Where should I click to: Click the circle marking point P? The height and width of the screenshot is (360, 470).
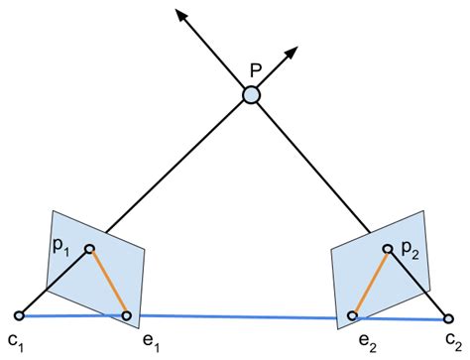(252, 95)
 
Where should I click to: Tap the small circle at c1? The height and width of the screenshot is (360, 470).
(20, 314)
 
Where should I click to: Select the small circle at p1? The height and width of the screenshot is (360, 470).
(90, 249)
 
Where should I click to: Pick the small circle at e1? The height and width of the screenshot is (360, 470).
(127, 316)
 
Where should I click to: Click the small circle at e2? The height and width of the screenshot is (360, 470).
(352, 316)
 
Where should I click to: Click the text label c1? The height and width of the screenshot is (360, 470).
(15, 341)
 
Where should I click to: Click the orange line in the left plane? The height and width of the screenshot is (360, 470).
(109, 283)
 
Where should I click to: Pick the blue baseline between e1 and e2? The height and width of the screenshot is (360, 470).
(238, 317)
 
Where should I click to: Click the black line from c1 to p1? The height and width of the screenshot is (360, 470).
(55, 282)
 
